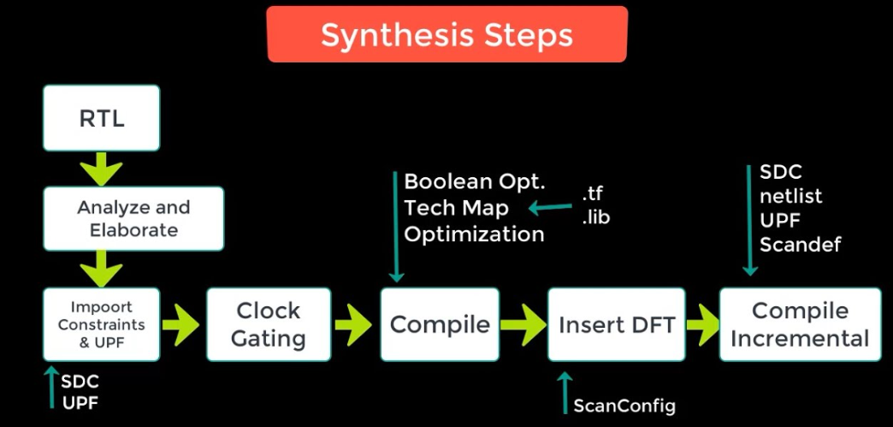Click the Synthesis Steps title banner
(x=446, y=35)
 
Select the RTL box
(x=102, y=118)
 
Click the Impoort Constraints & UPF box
(x=102, y=324)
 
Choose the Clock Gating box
(x=268, y=324)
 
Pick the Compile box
(x=440, y=324)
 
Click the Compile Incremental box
(x=800, y=324)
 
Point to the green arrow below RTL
(x=102, y=168)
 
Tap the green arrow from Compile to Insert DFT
(x=523, y=325)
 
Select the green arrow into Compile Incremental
(x=701, y=325)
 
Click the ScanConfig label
(x=624, y=406)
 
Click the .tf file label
(x=592, y=193)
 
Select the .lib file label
(x=595, y=216)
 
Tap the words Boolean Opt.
(x=474, y=181)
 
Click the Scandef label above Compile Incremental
(x=800, y=245)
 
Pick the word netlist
(x=790, y=196)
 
